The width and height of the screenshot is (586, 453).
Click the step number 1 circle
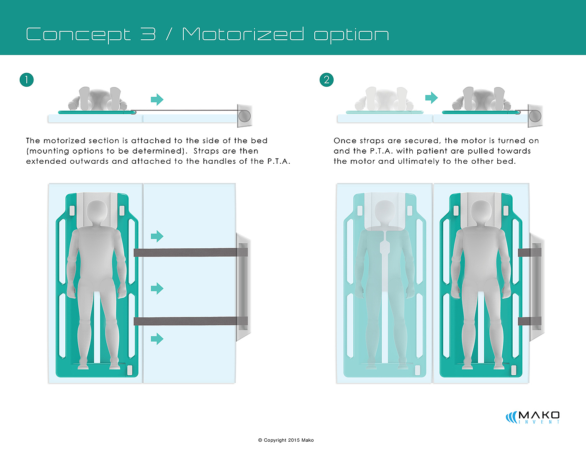click(27, 80)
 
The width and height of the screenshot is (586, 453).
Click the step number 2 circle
click(326, 80)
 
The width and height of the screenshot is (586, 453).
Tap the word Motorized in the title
click(243, 34)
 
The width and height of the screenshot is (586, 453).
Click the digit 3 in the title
click(148, 34)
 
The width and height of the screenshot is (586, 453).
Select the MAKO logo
click(532, 417)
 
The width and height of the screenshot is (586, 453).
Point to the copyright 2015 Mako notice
click(286, 440)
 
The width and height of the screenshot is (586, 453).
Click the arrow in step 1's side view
click(157, 100)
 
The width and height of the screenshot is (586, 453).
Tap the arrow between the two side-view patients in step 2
click(432, 98)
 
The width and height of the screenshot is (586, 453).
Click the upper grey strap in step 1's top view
click(190, 252)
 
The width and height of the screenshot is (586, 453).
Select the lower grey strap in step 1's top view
click(190, 321)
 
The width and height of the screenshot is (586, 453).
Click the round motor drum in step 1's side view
click(244, 116)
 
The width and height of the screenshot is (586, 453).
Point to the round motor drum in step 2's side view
click(535, 116)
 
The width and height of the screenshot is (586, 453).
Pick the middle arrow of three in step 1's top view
click(157, 288)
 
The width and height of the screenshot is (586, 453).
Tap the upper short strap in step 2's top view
click(529, 252)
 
